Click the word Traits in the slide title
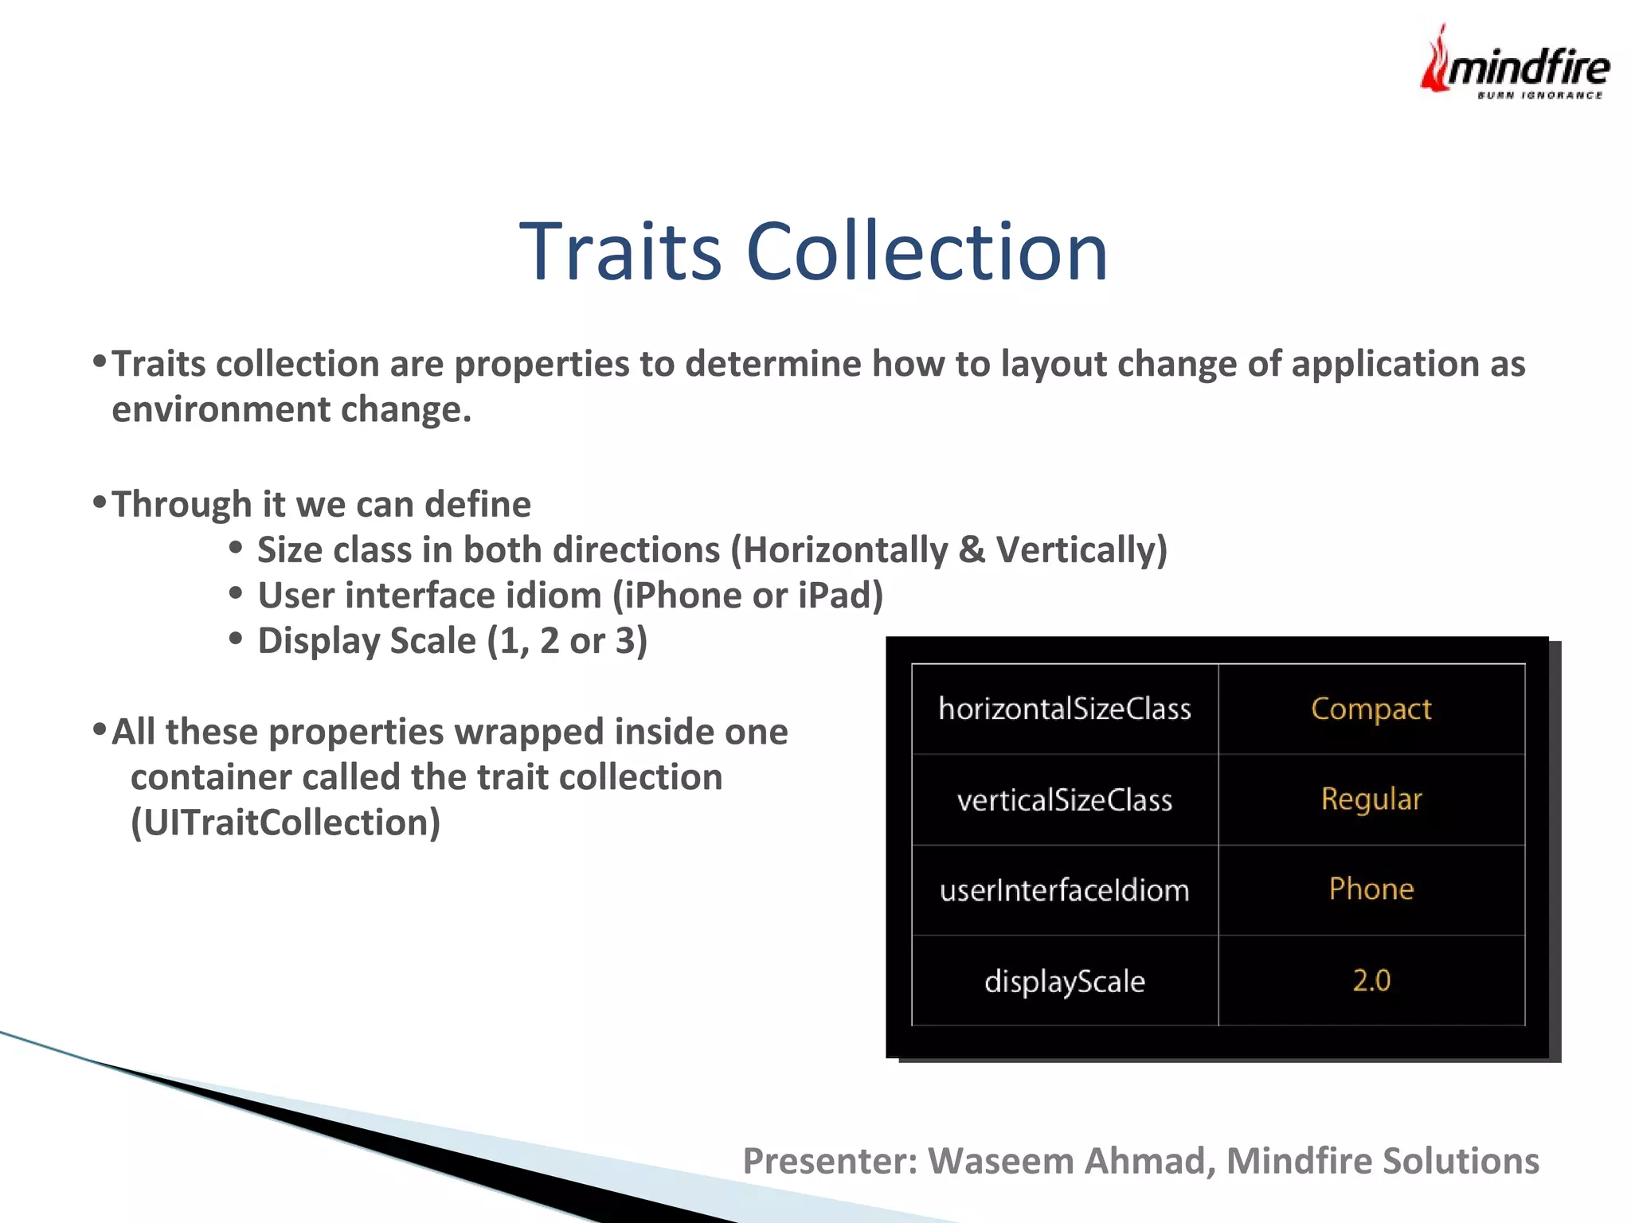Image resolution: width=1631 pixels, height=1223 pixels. pyautogui.click(x=620, y=252)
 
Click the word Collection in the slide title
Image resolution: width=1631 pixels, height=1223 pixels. pyautogui.click(x=927, y=252)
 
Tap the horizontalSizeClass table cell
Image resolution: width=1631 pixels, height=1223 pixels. pyautogui.click(x=1064, y=709)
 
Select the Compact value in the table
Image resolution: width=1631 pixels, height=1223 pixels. pyautogui.click(x=1371, y=709)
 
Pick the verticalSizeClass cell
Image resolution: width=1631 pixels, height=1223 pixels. pyautogui.click(x=1064, y=799)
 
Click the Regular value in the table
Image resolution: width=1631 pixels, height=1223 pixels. pyautogui.click(x=1371, y=799)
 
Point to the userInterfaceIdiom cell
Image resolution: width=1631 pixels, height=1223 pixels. pyautogui.click(x=1064, y=890)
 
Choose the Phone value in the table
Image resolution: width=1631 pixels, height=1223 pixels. pyautogui.click(x=1371, y=889)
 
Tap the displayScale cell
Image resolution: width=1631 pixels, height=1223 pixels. pyautogui.click(x=1064, y=981)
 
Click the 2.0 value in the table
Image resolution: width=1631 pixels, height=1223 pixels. pyautogui.click(x=1371, y=980)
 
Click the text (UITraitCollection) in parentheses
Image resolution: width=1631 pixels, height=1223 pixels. pyautogui.click(x=285, y=822)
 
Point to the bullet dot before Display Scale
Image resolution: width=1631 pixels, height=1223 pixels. pyautogui.click(x=235, y=638)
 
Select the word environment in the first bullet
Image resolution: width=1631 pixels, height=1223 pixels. pyautogui.click(x=221, y=410)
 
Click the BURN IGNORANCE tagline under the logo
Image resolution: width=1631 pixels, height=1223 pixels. pyautogui.click(x=1539, y=96)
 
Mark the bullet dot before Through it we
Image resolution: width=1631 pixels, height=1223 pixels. pyautogui.click(x=100, y=502)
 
